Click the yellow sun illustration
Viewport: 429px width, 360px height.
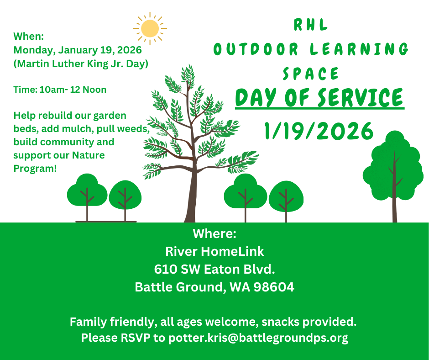point(150,28)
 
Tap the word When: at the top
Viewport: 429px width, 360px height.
point(29,36)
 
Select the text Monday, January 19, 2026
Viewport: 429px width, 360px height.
point(78,50)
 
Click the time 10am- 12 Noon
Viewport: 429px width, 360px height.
point(73,90)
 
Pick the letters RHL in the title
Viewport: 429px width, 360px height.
point(311,25)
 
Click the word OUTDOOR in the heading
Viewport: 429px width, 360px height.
point(256,49)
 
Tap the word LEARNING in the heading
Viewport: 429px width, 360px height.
point(359,49)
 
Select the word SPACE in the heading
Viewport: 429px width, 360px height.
point(311,74)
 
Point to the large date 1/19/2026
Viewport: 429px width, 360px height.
point(319,131)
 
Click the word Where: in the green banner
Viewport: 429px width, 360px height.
point(214,234)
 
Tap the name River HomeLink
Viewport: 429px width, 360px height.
point(214,252)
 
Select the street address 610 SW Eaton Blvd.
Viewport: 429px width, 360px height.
point(214,270)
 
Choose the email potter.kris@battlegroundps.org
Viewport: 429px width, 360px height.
point(258,338)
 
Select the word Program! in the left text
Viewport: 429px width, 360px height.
point(35,169)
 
